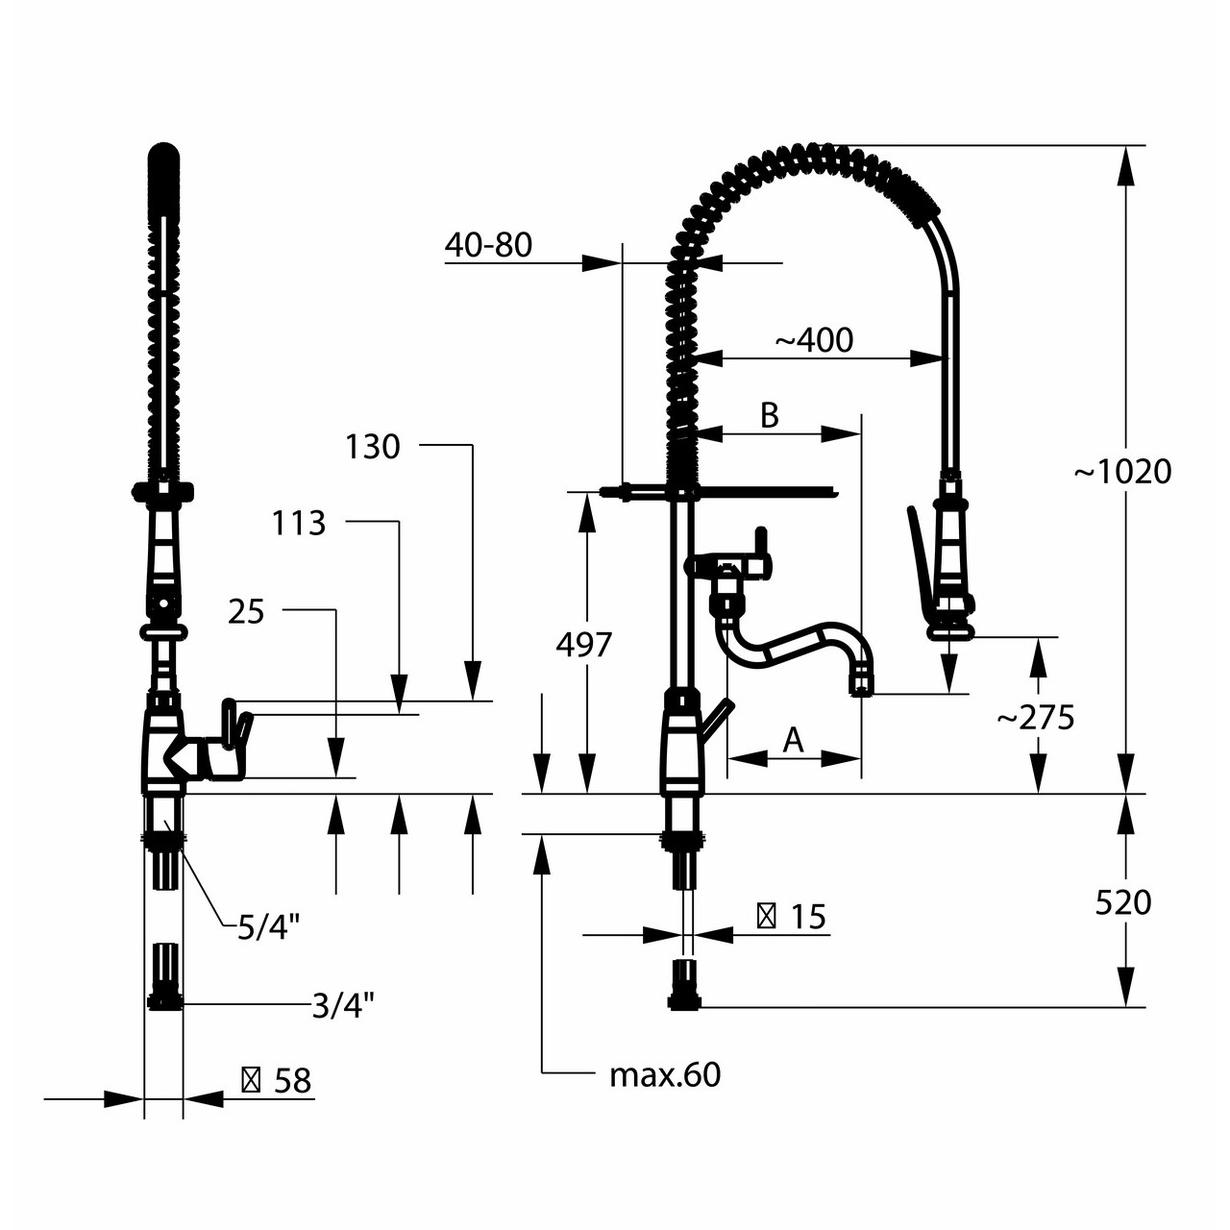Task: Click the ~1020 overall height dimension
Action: (1122, 473)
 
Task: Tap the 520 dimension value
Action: (1122, 903)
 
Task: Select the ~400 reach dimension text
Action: (815, 341)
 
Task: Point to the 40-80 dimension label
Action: (488, 244)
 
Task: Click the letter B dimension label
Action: (770, 415)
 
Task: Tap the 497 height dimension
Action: (583, 645)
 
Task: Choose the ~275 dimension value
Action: (1036, 718)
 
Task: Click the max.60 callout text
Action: (665, 1075)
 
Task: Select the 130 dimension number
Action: (372, 447)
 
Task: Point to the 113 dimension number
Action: (299, 524)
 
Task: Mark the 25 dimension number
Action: (246, 611)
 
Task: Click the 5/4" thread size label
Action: (268, 926)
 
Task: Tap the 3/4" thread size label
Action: (343, 1007)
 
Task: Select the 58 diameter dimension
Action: (277, 1081)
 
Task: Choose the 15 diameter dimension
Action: (792, 917)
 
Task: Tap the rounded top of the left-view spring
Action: (163, 152)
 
